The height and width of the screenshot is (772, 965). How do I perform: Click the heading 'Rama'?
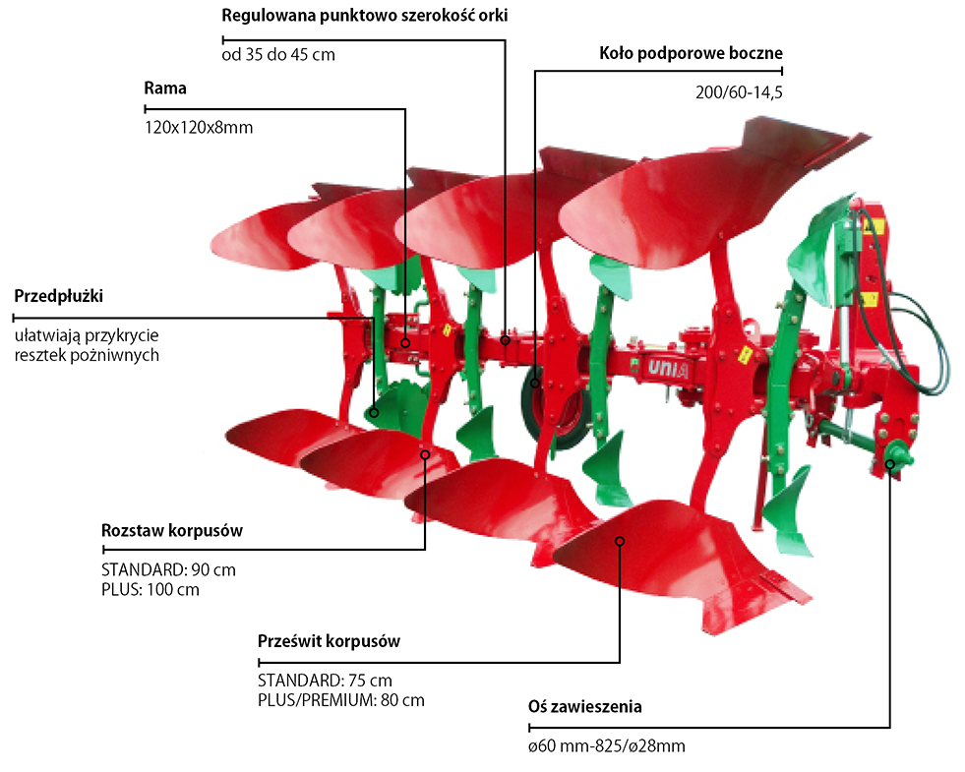[165, 89]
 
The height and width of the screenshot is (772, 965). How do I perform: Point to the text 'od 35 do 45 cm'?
[279, 55]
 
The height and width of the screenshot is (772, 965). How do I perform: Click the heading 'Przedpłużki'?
[59, 295]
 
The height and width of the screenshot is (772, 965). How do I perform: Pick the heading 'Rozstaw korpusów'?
[172, 530]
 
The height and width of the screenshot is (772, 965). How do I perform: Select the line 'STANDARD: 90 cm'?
[168, 569]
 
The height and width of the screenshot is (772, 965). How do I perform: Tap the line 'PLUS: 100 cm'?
[151, 589]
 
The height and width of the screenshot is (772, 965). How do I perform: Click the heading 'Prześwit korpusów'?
[329, 640]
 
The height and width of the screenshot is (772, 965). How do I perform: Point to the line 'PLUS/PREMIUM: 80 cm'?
[340, 700]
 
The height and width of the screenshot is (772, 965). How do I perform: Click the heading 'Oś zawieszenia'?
[585, 706]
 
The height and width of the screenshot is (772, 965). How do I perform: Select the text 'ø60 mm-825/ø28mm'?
[606, 745]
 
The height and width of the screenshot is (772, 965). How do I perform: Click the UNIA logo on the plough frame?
[666, 367]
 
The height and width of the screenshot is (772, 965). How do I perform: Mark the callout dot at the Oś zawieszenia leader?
[891, 465]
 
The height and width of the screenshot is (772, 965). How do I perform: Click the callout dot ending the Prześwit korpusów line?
[620, 541]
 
